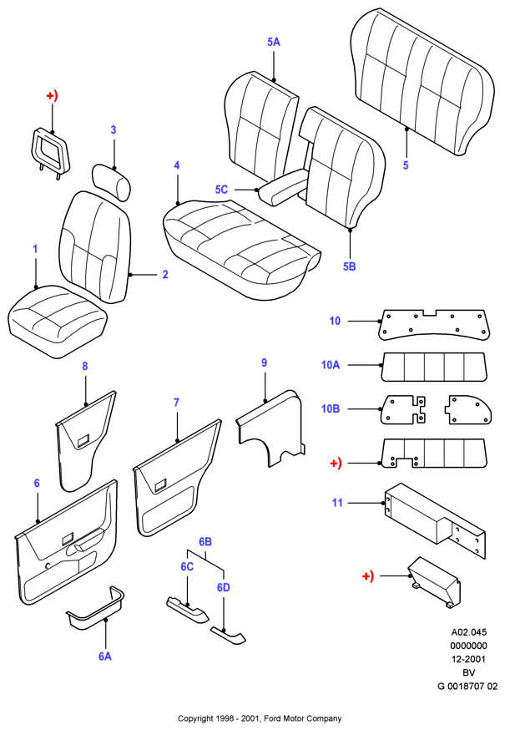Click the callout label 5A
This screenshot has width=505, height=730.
[x=274, y=42]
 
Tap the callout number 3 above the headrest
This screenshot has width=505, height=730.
[x=113, y=130]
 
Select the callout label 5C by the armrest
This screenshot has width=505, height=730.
[x=221, y=190]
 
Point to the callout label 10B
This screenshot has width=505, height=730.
[x=331, y=408]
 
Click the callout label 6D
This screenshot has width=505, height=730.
[x=224, y=587]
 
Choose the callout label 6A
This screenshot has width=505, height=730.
[x=105, y=656]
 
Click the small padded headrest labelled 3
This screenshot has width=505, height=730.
[x=112, y=180]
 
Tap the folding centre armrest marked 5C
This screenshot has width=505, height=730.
[x=282, y=187]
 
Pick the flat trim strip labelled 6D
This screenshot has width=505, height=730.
[x=228, y=636]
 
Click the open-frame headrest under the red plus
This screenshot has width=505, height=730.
[x=50, y=152]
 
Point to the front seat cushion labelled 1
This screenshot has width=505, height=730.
[x=58, y=322]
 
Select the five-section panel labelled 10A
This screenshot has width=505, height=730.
[x=434, y=367]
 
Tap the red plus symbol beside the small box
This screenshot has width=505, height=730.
[x=368, y=576]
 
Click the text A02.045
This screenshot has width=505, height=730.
[x=469, y=632]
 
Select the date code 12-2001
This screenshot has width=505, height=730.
[x=469, y=659]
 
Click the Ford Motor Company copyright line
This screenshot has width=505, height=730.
[x=260, y=718]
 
